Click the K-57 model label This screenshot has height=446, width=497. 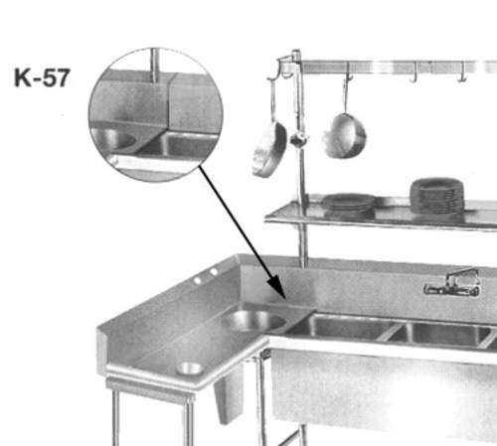(42, 77)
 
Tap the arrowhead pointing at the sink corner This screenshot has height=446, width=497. (276, 286)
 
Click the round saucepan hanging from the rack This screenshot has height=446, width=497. (345, 136)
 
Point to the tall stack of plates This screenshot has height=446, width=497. (436, 196)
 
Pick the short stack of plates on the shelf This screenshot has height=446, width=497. (348, 203)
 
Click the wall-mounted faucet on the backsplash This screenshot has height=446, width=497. (452, 283)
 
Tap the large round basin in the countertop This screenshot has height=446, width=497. (253, 321)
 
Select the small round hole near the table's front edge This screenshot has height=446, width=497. (189, 369)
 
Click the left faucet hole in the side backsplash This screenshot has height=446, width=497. (198, 280)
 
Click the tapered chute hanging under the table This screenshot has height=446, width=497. (230, 393)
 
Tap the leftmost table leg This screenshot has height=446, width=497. (115, 416)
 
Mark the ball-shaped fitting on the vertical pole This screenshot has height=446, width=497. (299, 139)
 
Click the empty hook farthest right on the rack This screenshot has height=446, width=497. (462, 74)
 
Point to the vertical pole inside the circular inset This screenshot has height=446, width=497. (154, 66)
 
